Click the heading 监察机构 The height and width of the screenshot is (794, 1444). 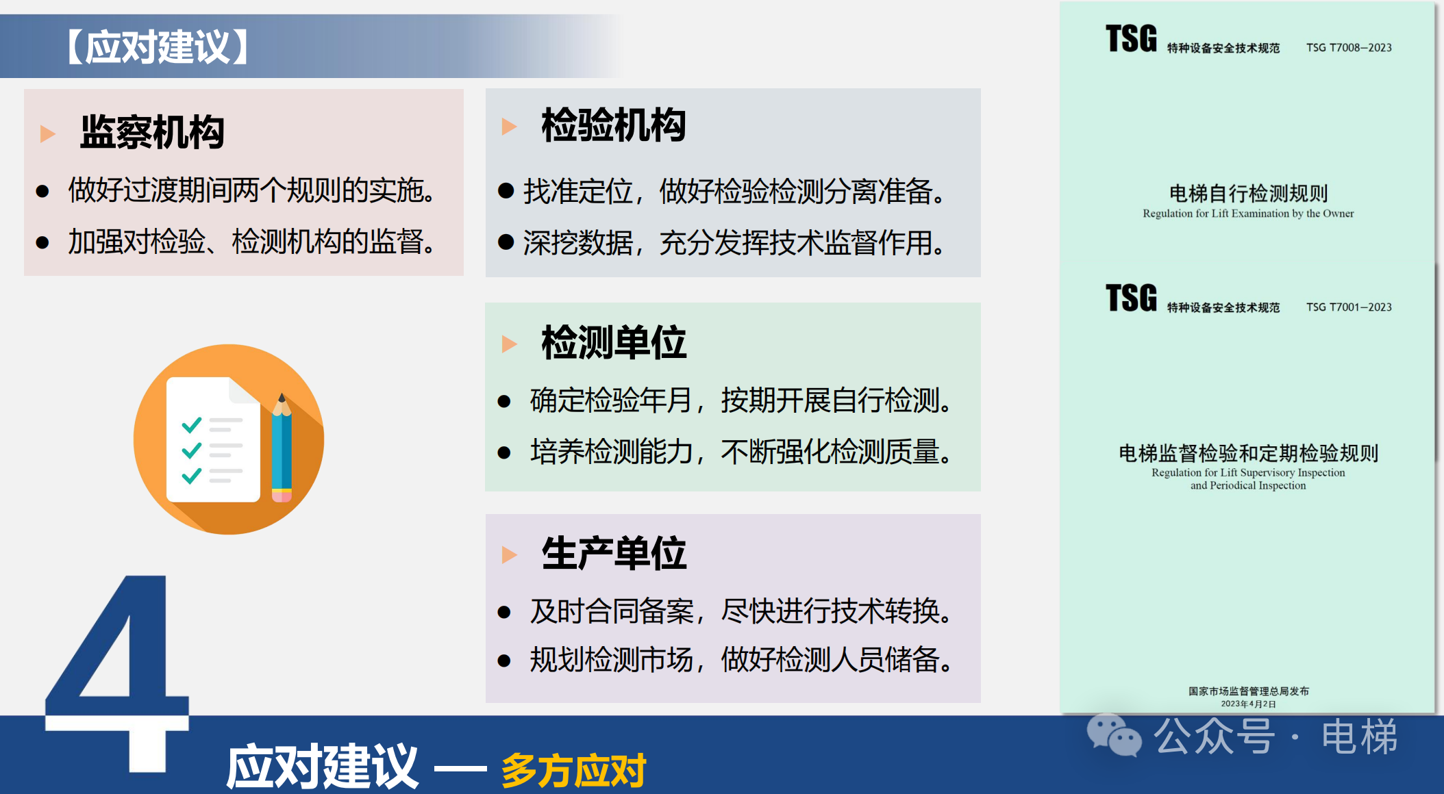pos(152,132)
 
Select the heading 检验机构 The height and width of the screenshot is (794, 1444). pos(614,125)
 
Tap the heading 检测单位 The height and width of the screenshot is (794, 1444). pos(614,342)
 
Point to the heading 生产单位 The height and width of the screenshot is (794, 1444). pos(614,553)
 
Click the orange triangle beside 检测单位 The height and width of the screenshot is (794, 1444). pos(509,344)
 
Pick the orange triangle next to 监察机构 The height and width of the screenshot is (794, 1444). pos(47,133)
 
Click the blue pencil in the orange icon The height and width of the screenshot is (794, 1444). pos(282,448)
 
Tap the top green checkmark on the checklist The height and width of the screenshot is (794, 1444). pos(192,425)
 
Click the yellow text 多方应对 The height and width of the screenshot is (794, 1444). pos(574,770)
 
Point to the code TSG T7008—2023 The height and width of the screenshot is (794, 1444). pos(1349,48)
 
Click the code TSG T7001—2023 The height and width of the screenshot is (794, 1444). pos(1349,307)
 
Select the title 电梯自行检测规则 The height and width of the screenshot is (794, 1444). pos(1248,194)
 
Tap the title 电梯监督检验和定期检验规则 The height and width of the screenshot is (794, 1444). pos(1248,453)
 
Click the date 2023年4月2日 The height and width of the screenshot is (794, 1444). pos(1248,704)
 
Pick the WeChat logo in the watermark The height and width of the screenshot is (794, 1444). pos(1114,736)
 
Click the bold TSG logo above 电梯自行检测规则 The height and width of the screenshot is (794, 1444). pos(1131,38)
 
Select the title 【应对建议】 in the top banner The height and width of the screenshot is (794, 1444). pos(158,47)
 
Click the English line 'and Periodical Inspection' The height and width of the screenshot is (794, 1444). pos(1248,485)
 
